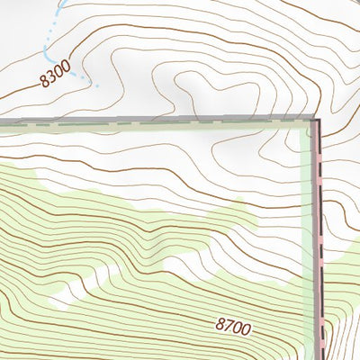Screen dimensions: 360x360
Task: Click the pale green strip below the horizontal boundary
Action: coord(135,127)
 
